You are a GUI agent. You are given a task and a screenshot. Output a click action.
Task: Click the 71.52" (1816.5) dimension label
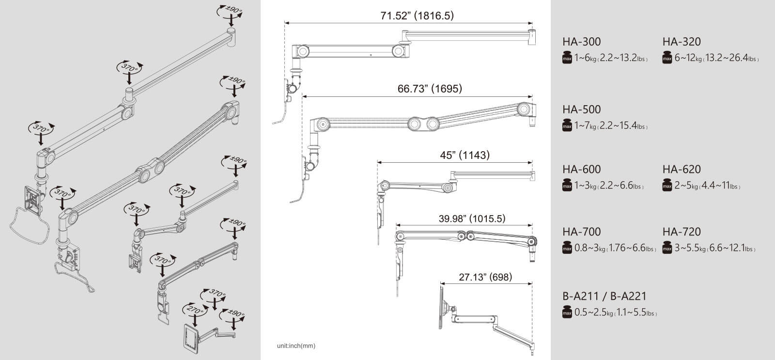click(x=417, y=16)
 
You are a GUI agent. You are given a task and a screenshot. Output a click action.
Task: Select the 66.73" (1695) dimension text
click(x=430, y=89)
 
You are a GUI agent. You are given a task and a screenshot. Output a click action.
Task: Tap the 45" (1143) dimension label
click(x=465, y=155)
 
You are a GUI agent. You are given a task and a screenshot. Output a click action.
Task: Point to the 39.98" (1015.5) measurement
click(x=472, y=219)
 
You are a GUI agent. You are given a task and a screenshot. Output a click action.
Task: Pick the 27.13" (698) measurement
click(x=485, y=277)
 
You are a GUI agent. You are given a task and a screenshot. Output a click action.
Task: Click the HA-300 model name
click(x=582, y=42)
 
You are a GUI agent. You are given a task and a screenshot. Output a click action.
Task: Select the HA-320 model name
click(x=682, y=42)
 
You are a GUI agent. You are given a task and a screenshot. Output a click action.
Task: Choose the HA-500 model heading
click(x=582, y=110)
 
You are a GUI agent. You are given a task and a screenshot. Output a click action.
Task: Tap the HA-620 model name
click(x=682, y=169)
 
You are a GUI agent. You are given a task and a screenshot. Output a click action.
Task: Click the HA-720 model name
click(x=682, y=232)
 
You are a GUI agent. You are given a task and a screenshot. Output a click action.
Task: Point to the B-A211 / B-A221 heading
click(x=604, y=297)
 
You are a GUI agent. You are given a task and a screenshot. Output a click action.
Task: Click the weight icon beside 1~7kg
click(x=567, y=125)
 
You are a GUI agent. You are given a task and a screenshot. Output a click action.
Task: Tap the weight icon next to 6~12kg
click(x=667, y=57)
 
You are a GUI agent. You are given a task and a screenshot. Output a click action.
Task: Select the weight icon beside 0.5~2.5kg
click(x=567, y=312)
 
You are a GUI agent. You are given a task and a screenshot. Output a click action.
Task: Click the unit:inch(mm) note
click(x=296, y=346)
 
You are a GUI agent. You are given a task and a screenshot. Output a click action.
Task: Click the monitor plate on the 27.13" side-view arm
click(x=441, y=307)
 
